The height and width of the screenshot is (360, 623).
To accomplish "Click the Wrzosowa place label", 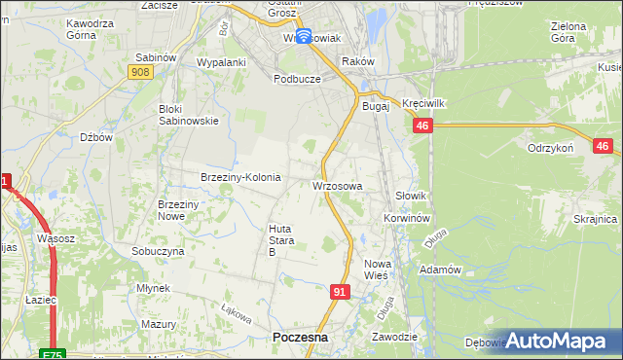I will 338,185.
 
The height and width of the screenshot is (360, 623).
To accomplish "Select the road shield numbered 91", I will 339,291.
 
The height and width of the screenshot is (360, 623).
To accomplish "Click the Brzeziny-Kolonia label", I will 240,177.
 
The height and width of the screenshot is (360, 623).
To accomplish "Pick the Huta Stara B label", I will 279,240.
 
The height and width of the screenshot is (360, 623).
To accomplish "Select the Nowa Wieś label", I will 377,270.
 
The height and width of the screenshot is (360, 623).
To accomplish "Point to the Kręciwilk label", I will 422,102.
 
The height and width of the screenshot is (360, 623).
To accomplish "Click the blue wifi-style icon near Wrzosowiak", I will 303,37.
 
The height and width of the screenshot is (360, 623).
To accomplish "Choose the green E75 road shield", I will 54,353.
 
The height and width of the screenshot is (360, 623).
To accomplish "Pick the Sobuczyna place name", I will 158,250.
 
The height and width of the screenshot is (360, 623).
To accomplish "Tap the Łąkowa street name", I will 236,315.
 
